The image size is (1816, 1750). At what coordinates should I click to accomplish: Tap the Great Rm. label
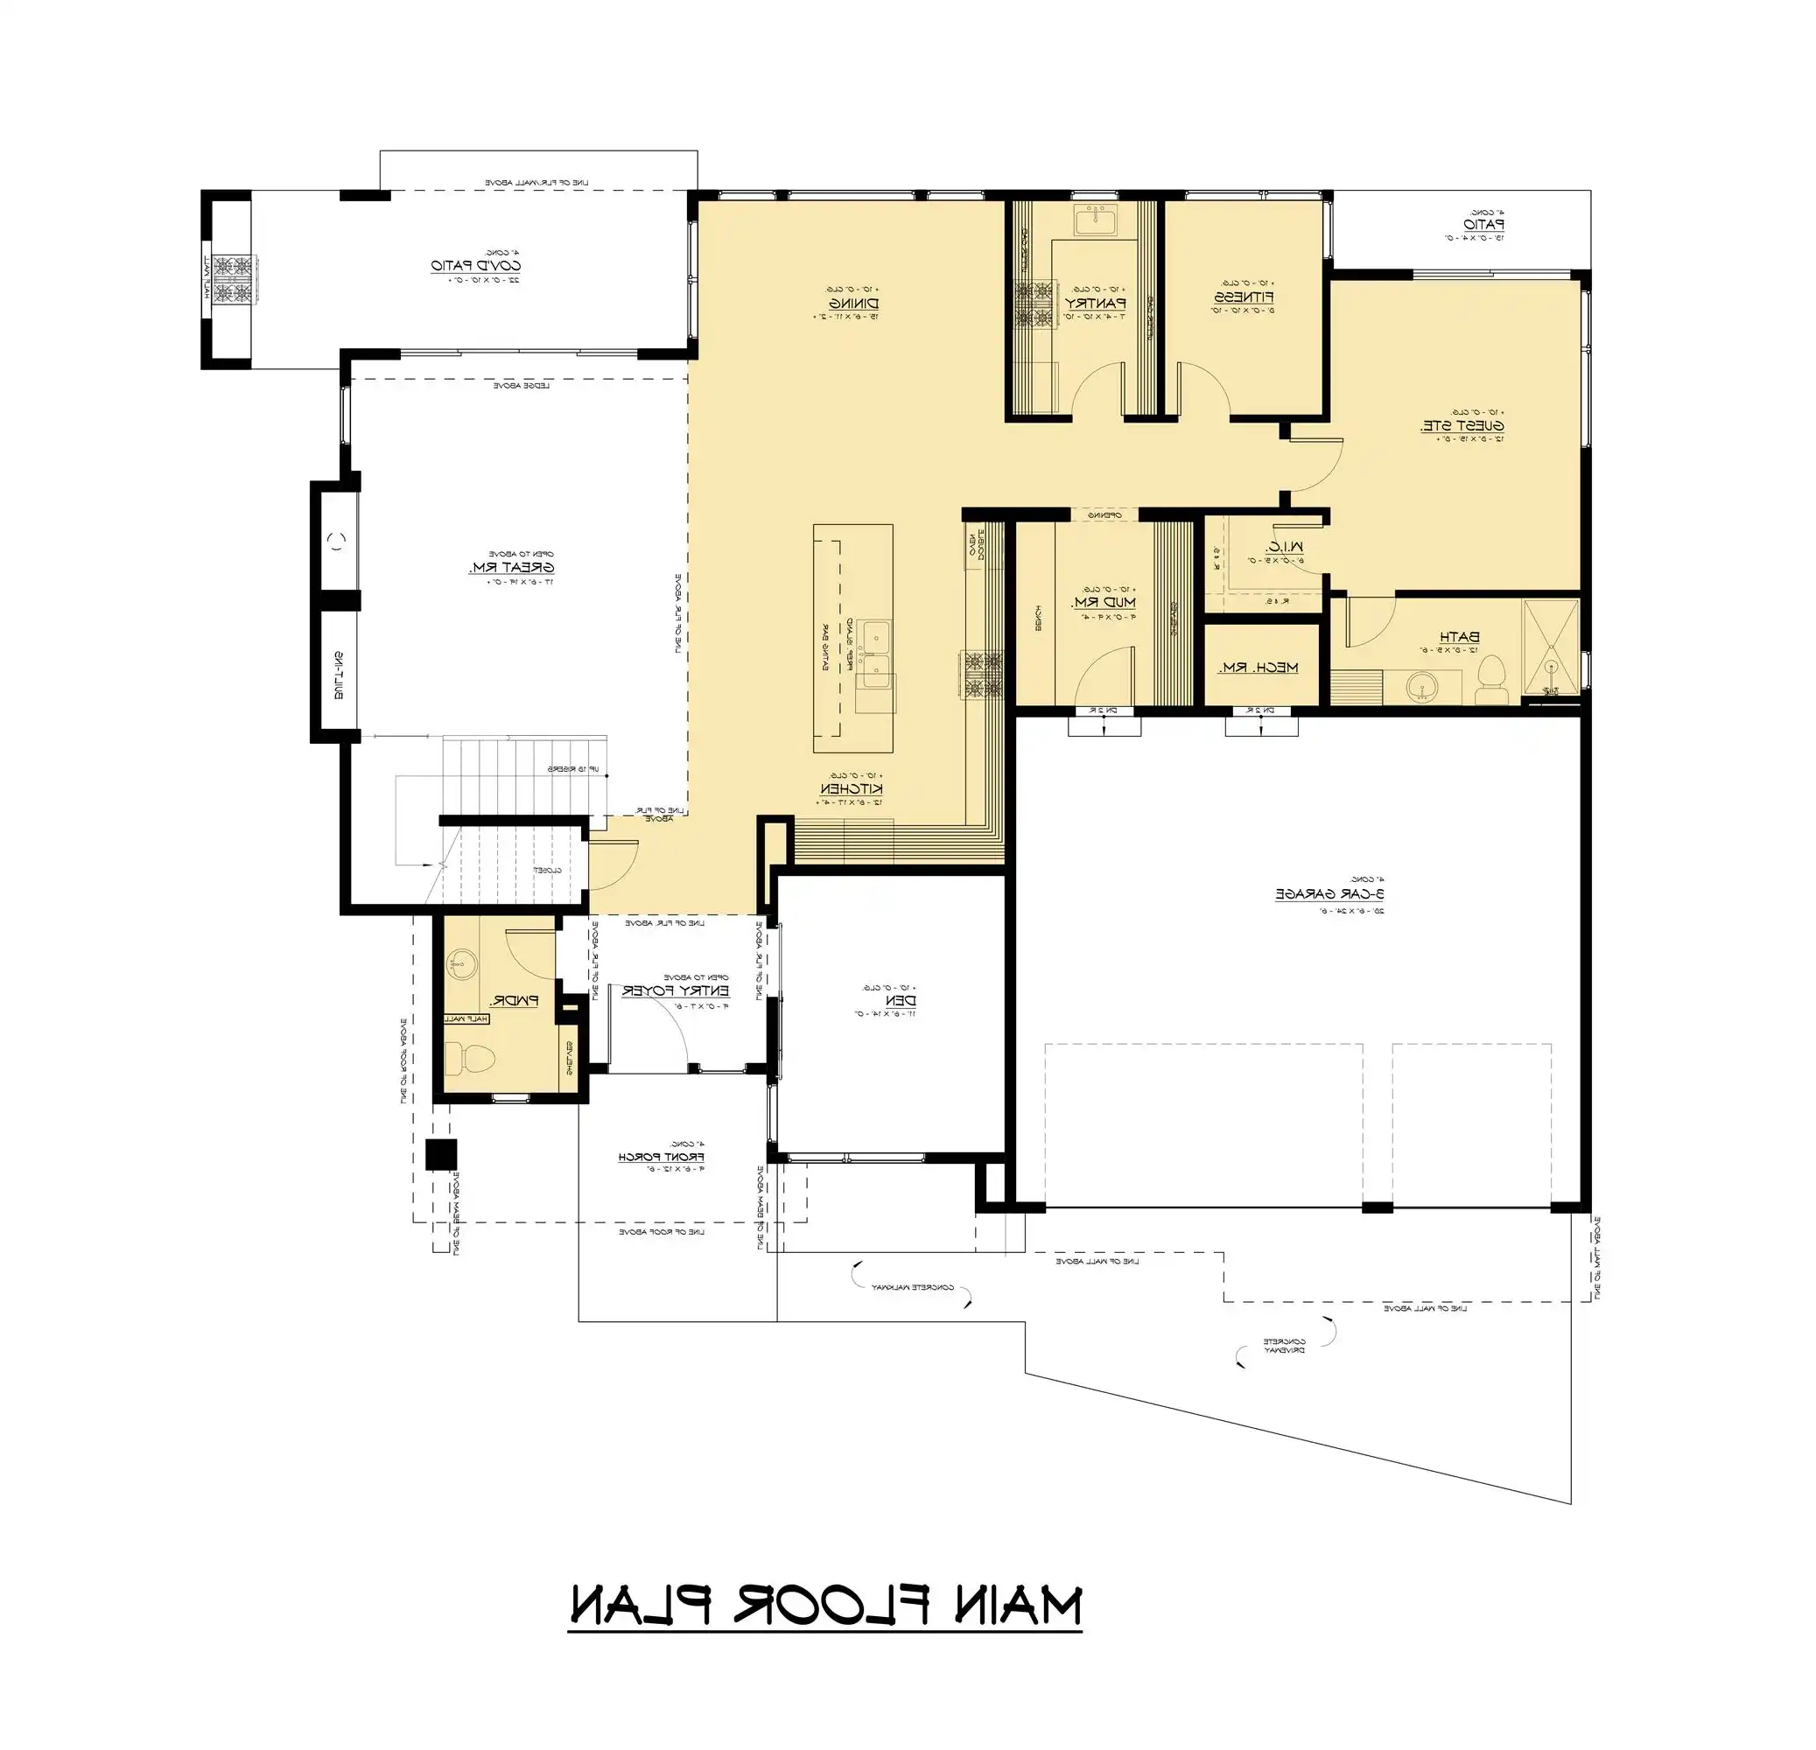[511, 567]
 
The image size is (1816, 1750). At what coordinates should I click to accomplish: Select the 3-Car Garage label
[1333, 894]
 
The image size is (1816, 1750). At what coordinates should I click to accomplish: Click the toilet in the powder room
[470, 1056]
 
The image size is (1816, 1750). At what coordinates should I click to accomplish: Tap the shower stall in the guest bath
[1551, 647]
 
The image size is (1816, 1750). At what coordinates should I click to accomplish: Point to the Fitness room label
[1245, 297]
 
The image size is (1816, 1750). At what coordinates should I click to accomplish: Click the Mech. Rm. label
[1263, 667]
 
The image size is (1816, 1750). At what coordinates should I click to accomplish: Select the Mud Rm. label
[1104, 602]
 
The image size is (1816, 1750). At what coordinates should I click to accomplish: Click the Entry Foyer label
[676, 990]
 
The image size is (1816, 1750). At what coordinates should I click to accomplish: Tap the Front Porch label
[663, 1157]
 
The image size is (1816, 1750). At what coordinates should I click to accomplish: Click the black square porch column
[441, 1154]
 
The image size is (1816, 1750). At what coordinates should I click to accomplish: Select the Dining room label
[853, 303]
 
